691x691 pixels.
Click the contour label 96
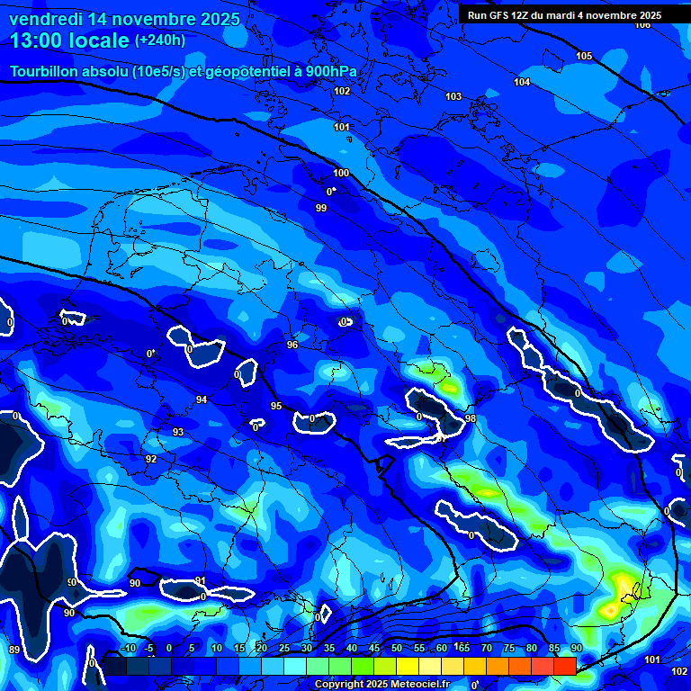[x=292, y=345]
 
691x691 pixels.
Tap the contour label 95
[x=276, y=406]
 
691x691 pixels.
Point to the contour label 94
[x=202, y=399]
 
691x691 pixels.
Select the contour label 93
[x=178, y=433]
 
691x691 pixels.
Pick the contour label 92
[x=151, y=460]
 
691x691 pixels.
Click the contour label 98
[x=471, y=419]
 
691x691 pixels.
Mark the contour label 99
[x=321, y=209]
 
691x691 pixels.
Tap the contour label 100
[x=341, y=173]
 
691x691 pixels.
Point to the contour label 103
[x=453, y=96]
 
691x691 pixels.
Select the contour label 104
[x=522, y=82]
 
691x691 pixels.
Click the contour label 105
[x=584, y=56]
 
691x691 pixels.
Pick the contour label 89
[x=13, y=650]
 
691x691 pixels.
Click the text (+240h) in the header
[x=160, y=40]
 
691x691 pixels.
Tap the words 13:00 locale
[x=69, y=40]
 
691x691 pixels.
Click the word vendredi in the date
[x=46, y=18]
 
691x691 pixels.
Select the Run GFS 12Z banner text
[x=564, y=15]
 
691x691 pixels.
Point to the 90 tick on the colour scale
[x=576, y=648]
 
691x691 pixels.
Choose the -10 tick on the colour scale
[x=128, y=648]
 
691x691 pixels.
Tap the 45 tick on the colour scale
[x=374, y=648]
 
